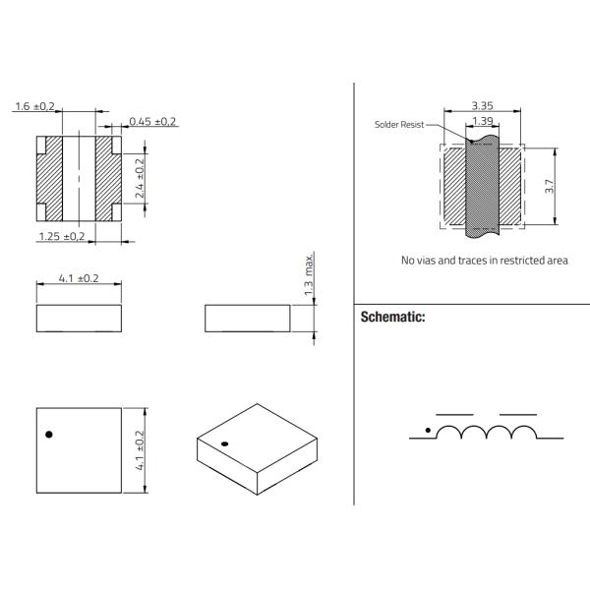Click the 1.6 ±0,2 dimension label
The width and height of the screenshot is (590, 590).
35,106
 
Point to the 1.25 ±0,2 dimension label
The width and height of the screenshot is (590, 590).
61,236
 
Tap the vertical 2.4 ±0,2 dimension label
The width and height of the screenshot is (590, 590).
139,179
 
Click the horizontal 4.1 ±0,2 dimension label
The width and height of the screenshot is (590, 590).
79,278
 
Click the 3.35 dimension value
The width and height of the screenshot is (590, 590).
482,104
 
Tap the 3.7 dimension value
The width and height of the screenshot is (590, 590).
551,186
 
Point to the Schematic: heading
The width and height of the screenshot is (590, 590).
392,318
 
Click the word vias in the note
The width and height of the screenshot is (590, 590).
433,261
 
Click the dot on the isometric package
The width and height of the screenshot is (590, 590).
224,443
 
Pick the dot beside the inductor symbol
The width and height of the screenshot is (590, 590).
426,430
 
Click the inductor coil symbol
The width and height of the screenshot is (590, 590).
486,433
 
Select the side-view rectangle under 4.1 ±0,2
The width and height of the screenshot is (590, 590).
79,318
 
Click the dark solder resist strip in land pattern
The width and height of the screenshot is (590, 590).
482,187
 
